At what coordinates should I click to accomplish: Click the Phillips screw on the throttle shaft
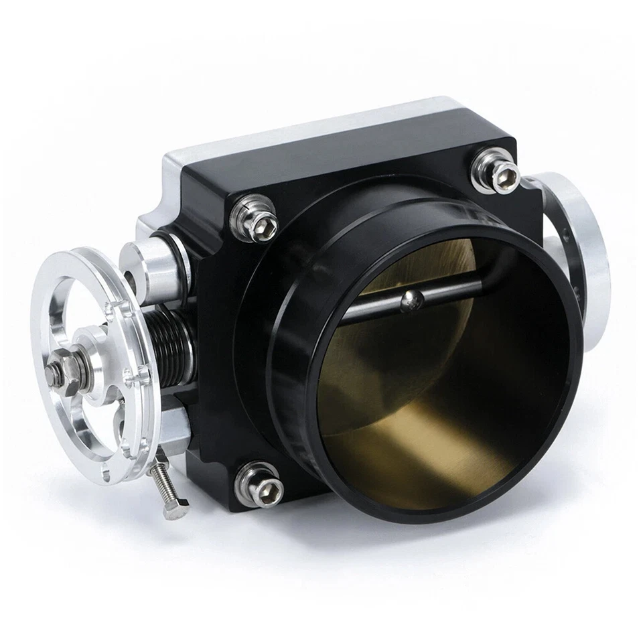tap(408, 302)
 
